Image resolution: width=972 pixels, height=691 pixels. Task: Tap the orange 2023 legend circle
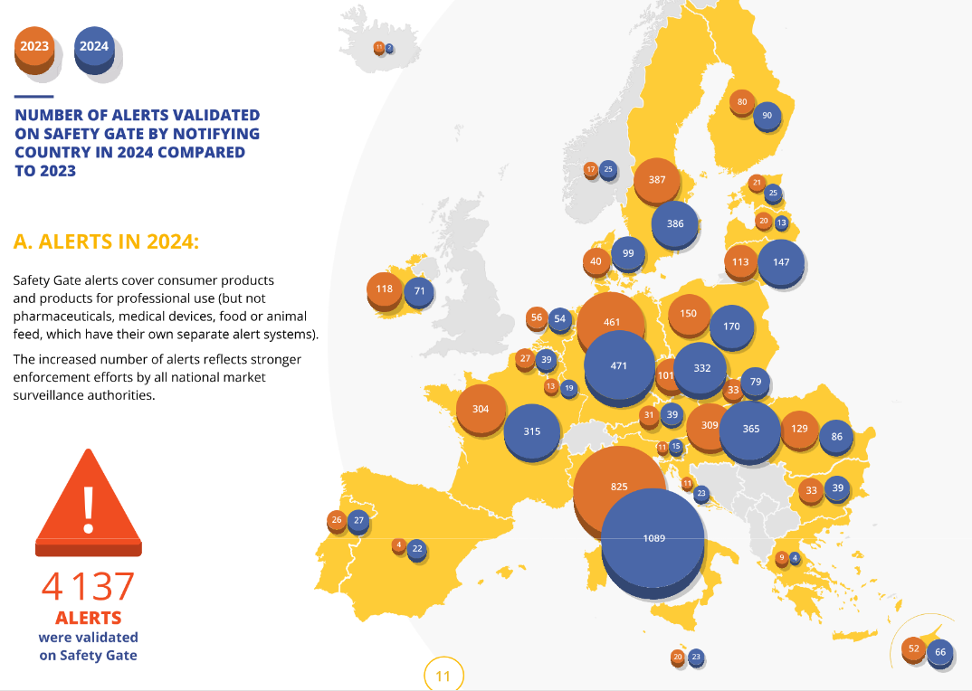pyautogui.click(x=33, y=46)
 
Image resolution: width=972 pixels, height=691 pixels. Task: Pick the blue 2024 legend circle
pyautogui.click(x=94, y=46)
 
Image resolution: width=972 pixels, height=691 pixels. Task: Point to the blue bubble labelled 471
pyautogui.click(x=619, y=365)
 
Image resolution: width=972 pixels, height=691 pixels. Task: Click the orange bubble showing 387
pyautogui.click(x=657, y=179)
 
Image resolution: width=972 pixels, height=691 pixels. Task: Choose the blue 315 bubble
pyautogui.click(x=532, y=431)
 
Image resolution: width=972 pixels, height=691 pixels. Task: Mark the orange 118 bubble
pyautogui.click(x=384, y=289)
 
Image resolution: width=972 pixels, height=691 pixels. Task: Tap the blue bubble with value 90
pyautogui.click(x=767, y=115)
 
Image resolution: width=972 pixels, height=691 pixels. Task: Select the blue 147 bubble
pyautogui.click(x=781, y=262)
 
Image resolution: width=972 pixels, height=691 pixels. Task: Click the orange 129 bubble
pyautogui.click(x=799, y=428)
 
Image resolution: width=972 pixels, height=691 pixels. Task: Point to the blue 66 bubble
pyautogui.click(x=939, y=652)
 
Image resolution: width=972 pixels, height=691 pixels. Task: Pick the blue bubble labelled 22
pyautogui.click(x=417, y=548)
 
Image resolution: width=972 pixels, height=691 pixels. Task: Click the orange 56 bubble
pyautogui.click(x=537, y=317)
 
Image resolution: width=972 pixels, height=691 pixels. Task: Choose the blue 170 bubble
pyautogui.click(x=732, y=326)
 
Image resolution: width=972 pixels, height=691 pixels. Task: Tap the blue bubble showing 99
pyautogui.click(x=628, y=254)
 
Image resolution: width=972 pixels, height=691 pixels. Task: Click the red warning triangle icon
pyautogui.click(x=88, y=506)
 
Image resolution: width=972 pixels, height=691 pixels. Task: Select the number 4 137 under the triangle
pyautogui.click(x=88, y=587)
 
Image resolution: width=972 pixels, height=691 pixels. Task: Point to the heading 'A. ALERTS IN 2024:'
pyautogui.click(x=106, y=241)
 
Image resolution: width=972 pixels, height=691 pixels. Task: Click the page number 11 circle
pyautogui.click(x=443, y=676)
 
